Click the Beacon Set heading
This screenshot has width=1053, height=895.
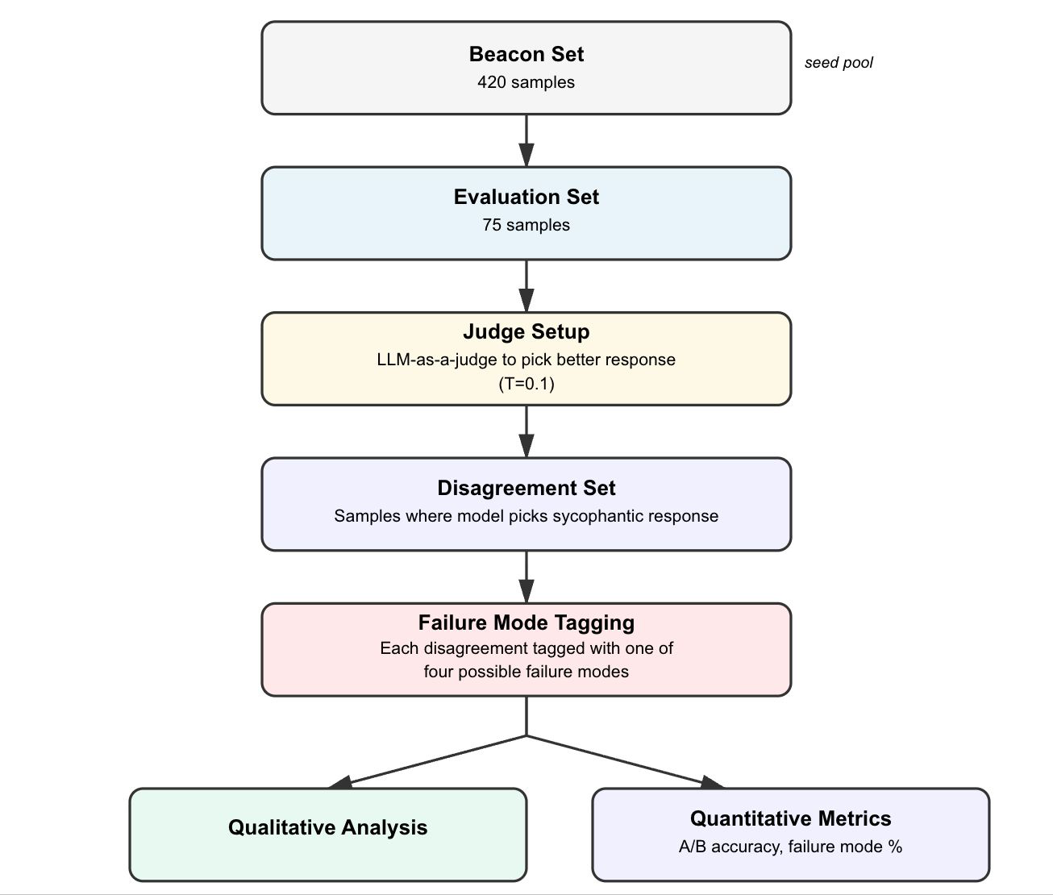click(x=526, y=54)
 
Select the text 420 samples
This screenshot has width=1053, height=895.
click(x=526, y=82)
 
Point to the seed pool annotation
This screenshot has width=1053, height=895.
click(x=839, y=63)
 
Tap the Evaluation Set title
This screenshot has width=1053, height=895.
click(x=526, y=197)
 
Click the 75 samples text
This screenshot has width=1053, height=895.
click(x=526, y=225)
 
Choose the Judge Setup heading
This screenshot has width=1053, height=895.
click(x=526, y=331)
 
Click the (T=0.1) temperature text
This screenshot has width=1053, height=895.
click(x=526, y=384)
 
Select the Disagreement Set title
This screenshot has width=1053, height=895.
click(x=526, y=488)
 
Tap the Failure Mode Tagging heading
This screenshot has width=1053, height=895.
click(x=526, y=622)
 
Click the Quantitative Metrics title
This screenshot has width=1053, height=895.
click(x=790, y=818)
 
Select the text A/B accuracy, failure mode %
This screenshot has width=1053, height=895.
click(x=790, y=847)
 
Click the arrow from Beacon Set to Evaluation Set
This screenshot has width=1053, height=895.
click(x=526, y=141)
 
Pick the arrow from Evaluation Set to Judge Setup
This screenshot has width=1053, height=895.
click(x=526, y=286)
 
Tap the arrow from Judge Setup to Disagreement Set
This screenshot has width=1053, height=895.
click(x=526, y=431)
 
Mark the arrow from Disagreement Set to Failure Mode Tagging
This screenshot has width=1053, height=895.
click(x=526, y=577)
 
